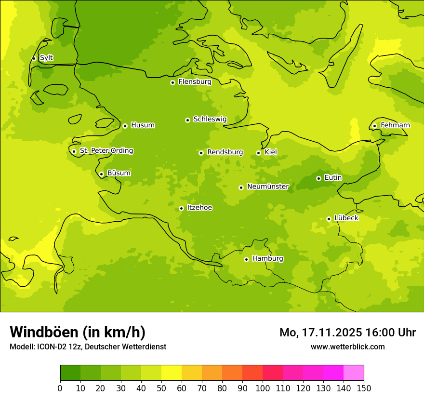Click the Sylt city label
46,58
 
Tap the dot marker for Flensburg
172,82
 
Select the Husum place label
143,125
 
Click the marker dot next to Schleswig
187,120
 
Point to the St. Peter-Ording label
106,151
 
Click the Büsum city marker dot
101,174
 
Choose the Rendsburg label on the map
225,152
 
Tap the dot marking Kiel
258,153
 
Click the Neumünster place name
268,187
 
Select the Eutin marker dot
318,178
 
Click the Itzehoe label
199,208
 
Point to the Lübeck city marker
329,219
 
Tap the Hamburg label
267,259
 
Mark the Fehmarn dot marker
374,126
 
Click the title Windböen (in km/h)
78,332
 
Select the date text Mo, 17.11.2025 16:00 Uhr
347,333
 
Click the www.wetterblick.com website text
347,347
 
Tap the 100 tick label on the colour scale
263,388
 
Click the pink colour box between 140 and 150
354,373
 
